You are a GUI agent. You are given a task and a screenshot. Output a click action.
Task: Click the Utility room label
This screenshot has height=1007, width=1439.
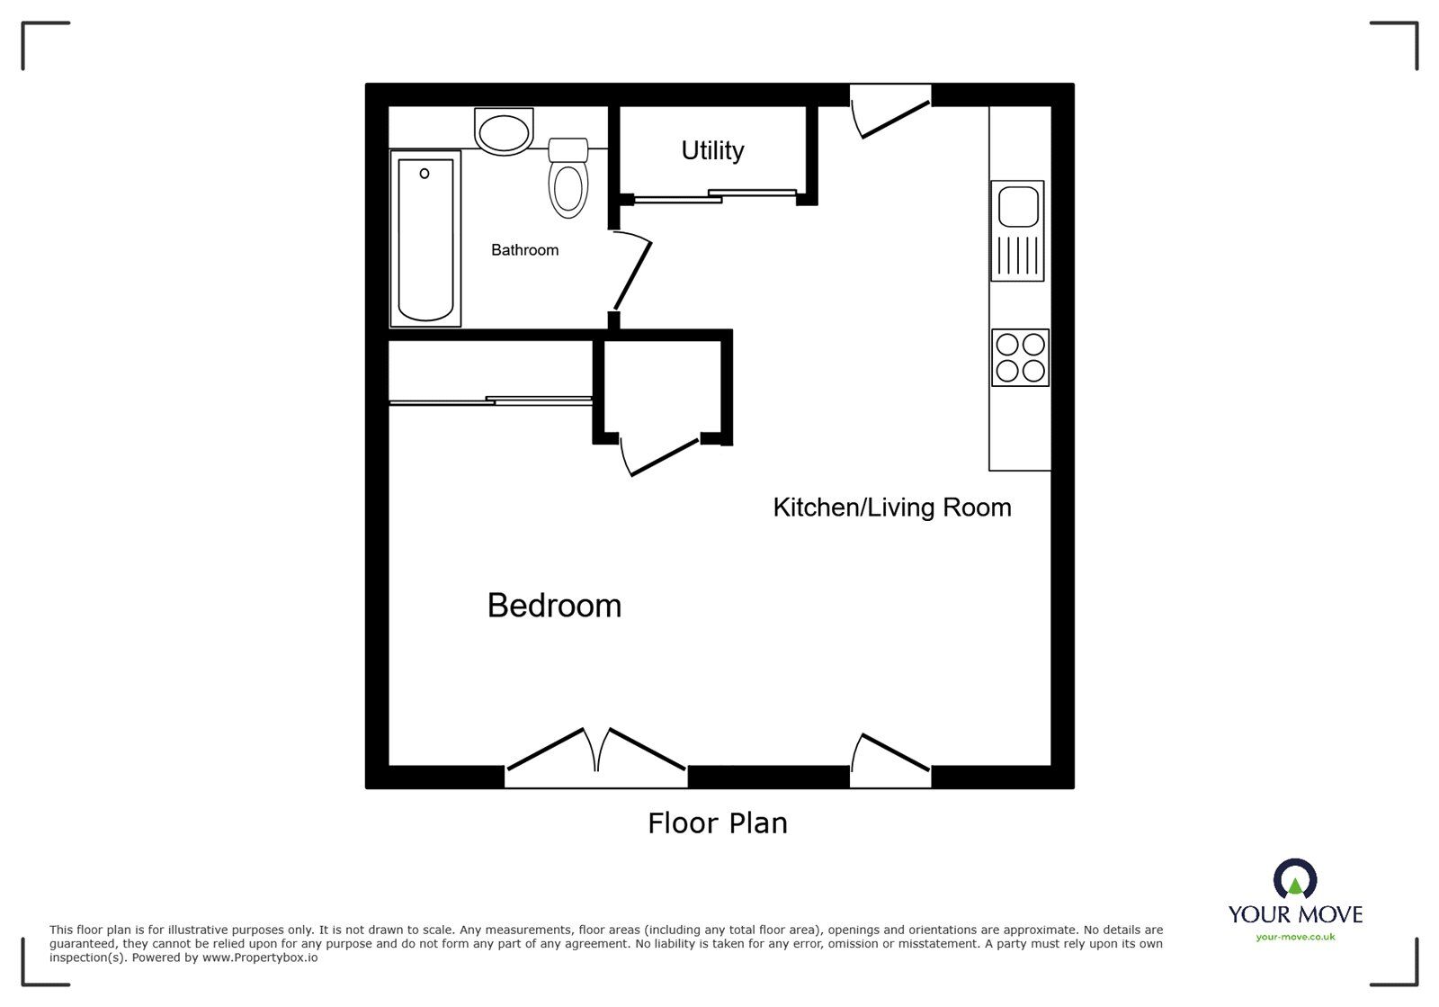tap(712, 150)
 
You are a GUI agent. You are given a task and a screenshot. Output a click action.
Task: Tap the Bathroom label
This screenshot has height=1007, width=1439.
tap(524, 250)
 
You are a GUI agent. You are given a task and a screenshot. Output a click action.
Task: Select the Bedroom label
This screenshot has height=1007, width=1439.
tap(554, 606)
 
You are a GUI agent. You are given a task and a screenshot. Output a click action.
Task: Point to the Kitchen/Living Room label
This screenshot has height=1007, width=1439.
tap(892, 508)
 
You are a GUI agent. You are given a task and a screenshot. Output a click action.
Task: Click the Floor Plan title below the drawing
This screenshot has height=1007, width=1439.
tap(717, 823)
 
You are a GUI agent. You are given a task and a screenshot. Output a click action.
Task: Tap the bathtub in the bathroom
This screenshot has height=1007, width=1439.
tap(425, 238)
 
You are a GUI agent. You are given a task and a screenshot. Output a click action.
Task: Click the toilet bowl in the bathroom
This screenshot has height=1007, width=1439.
tap(568, 189)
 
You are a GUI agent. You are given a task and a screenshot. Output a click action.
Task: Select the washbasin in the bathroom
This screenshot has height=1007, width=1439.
tap(505, 131)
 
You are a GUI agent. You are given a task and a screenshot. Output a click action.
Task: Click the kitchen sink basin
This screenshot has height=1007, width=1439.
tap(1018, 206)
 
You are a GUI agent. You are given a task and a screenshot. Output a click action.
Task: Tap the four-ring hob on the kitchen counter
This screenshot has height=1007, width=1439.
tap(1020, 357)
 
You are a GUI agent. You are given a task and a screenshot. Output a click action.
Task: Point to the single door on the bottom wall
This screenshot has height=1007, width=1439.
tap(891, 754)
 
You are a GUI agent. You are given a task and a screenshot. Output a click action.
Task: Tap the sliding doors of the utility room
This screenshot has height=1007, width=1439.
tap(715, 195)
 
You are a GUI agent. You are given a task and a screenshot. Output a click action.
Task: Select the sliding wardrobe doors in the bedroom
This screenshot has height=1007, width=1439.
tap(490, 400)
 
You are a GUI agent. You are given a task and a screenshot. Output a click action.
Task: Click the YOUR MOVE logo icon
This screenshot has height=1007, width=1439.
tap(1295, 877)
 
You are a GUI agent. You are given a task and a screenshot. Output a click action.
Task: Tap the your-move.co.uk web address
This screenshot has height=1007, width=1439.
tap(1295, 937)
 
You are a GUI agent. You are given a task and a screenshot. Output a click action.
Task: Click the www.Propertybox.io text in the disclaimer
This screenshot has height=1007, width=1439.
tap(259, 958)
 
